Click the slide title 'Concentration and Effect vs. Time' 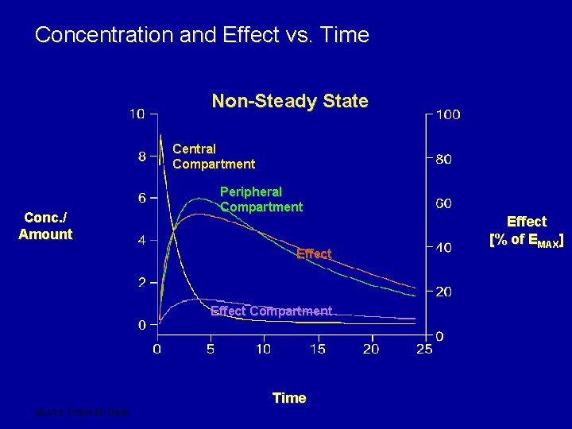click(x=202, y=35)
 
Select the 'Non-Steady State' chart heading click(x=289, y=101)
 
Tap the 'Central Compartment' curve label click(x=214, y=157)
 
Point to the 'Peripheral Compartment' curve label click(x=261, y=199)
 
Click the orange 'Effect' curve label click(x=313, y=254)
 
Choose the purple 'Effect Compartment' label click(x=271, y=311)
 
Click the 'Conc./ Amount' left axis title click(x=46, y=226)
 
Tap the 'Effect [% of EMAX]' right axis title click(x=527, y=230)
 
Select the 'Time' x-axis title click(x=289, y=398)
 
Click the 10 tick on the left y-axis click(x=137, y=114)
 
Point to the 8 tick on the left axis click(x=141, y=157)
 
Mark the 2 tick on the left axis click(x=141, y=283)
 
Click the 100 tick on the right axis click(x=447, y=114)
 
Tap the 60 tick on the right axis click(x=444, y=203)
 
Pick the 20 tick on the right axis click(x=444, y=292)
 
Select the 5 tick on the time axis click(x=211, y=349)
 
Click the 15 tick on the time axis click(x=317, y=349)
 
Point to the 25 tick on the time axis click(x=424, y=349)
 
